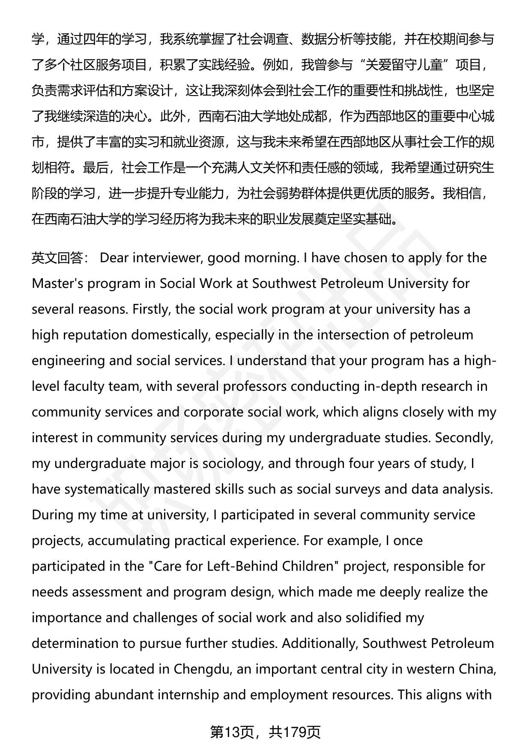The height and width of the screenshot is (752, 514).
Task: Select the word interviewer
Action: pos(170,258)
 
